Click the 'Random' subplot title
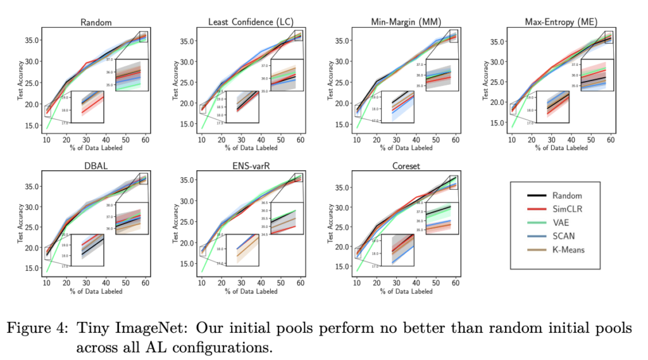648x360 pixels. [x=96, y=23]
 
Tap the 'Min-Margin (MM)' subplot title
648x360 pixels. [x=406, y=23]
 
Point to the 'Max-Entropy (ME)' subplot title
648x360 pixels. [x=561, y=23]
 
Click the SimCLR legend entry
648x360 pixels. [x=566, y=209]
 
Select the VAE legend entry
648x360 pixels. [x=561, y=223]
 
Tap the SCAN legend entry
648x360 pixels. [x=563, y=236]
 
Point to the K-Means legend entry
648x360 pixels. [x=568, y=250]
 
